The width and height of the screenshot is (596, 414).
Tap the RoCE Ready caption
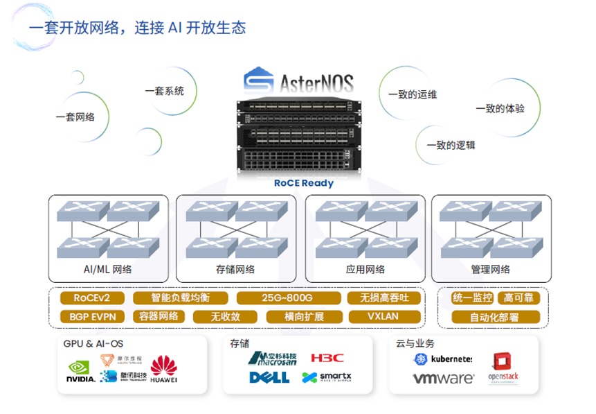(x=304, y=183)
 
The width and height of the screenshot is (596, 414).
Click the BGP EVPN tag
(x=92, y=317)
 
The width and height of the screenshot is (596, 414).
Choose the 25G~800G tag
(x=287, y=298)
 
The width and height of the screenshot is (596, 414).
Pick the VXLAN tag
(x=383, y=317)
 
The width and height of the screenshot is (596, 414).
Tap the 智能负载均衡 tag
(x=180, y=298)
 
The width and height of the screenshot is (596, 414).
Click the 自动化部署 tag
(x=494, y=317)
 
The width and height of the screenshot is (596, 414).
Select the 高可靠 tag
(x=518, y=298)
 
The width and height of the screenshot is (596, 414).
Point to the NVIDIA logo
(x=81, y=371)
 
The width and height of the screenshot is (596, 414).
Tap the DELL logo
(x=269, y=378)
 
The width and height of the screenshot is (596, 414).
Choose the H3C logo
(x=327, y=358)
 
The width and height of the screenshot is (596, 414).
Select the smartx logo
(x=327, y=378)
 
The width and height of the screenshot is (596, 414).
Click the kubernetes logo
(x=443, y=359)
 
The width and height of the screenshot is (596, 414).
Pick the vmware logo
(x=443, y=379)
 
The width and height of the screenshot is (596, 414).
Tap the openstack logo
(x=503, y=368)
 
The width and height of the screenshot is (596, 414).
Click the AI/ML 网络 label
(x=102, y=269)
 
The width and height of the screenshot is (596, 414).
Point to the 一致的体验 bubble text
(x=500, y=108)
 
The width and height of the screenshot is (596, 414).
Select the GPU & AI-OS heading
(x=93, y=343)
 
